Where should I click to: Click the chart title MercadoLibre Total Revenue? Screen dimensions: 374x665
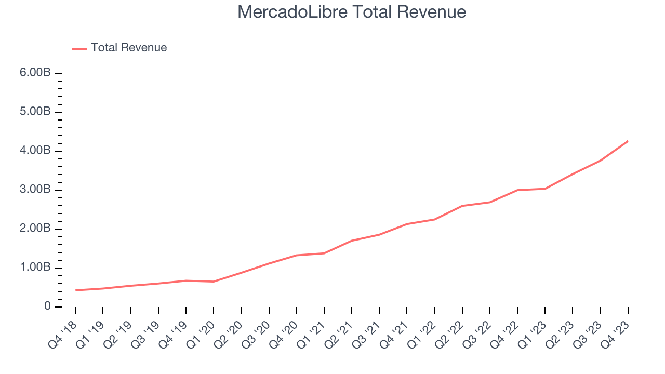(x=352, y=12)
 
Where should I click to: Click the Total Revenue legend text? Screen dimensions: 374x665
(x=129, y=48)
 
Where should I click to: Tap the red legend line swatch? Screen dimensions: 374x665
(x=79, y=48)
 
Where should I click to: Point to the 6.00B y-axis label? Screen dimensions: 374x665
(x=35, y=73)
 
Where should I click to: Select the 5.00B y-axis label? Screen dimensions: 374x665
(x=35, y=112)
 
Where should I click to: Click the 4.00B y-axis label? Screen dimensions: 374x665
(x=35, y=151)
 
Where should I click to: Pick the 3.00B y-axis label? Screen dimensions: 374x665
(x=35, y=190)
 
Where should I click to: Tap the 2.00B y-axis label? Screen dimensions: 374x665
(x=35, y=229)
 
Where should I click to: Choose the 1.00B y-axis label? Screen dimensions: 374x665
(x=35, y=268)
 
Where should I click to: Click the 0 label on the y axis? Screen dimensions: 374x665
(x=47, y=306)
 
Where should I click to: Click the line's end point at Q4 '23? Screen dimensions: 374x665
(x=628, y=141)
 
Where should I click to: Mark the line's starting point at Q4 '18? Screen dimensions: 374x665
(x=75, y=290)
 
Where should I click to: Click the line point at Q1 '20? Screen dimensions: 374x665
(x=214, y=282)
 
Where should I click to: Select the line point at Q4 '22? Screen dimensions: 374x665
(x=517, y=190)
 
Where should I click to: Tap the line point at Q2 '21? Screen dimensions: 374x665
(x=352, y=241)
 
